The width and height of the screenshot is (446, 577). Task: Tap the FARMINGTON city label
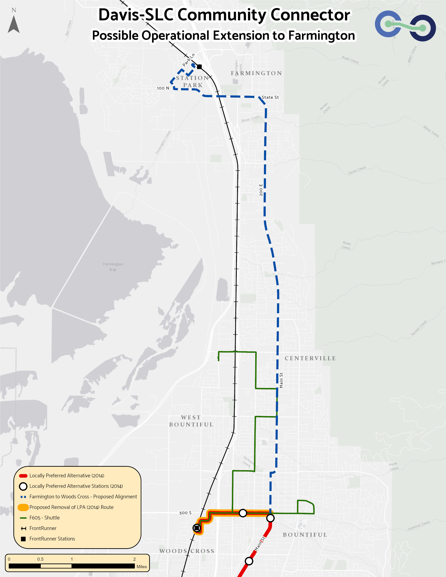[256, 73]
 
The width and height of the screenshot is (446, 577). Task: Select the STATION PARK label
[193, 81]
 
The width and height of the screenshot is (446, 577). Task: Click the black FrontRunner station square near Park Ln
[199, 67]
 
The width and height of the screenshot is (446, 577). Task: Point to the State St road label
[270, 97]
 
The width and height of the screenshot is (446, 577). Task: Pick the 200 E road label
[261, 190]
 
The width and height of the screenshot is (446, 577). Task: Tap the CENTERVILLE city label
[310, 358]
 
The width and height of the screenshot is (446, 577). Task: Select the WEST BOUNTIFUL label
[191, 421]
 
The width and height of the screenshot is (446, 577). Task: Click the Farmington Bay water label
[113, 266]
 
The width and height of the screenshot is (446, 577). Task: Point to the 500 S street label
[185, 513]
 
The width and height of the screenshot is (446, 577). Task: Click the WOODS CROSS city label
[187, 551]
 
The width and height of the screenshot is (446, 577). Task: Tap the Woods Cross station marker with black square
[197, 528]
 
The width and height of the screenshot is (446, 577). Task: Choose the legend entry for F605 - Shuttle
[44, 518]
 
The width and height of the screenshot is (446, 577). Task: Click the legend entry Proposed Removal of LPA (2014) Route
[71, 507]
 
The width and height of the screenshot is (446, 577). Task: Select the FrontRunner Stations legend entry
[52, 539]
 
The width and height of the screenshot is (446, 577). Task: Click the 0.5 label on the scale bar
[41, 559]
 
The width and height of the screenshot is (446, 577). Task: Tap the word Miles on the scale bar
[142, 567]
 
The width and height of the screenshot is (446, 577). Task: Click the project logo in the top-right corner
[405, 26]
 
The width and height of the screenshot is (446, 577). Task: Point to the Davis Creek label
[357, 170]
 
